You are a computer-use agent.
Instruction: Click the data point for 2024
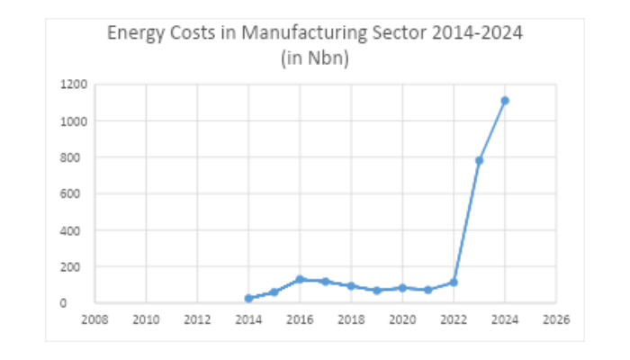click(x=505, y=100)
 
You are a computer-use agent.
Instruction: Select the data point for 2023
click(x=480, y=160)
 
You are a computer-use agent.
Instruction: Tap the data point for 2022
click(x=454, y=282)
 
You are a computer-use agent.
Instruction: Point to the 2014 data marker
click(x=248, y=298)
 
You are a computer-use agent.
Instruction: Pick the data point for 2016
click(x=300, y=279)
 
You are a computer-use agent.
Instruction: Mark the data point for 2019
click(x=377, y=290)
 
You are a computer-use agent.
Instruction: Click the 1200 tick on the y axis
click(x=75, y=85)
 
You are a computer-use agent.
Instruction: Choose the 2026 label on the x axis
click(x=556, y=319)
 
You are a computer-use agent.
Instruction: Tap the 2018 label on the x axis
click(x=351, y=319)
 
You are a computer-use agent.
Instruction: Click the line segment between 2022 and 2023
click(x=467, y=221)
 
